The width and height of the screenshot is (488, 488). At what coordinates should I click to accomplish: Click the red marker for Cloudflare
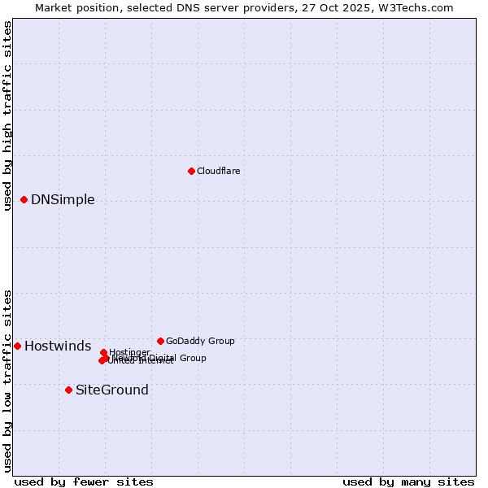coord(191,171)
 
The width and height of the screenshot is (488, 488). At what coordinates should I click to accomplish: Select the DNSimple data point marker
coord(24,199)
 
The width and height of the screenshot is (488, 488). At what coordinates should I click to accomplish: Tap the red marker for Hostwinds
coord(17,346)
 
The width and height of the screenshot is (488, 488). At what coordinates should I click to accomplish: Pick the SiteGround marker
coord(68,390)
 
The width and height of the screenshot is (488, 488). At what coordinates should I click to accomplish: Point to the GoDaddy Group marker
coord(160,341)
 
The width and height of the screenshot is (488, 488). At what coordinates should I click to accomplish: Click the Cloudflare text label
coord(218,171)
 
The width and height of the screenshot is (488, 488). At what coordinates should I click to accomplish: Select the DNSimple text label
coord(63,199)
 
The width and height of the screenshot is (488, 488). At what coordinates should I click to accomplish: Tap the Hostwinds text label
coord(58,346)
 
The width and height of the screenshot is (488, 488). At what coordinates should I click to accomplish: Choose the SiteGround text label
coord(111,390)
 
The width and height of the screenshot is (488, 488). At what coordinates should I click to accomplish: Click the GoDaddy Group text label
coord(200,341)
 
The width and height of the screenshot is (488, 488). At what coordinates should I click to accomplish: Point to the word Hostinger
coord(130,352)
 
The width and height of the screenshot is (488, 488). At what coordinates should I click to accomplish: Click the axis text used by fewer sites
coord(84,481)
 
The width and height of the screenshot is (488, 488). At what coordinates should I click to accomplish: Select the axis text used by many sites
coord(408,481)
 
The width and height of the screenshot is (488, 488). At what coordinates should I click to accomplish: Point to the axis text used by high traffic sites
coord(7,115)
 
